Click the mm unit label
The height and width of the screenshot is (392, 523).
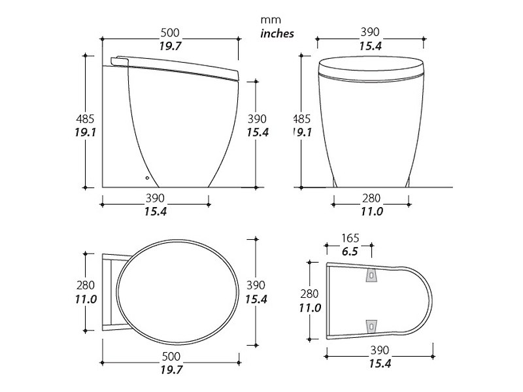(x=271, y=20)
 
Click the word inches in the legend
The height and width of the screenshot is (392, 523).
(x=277, y=34)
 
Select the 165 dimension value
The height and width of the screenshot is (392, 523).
(x=350, y=238)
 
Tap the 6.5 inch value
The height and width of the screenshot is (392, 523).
(x=350, y=252)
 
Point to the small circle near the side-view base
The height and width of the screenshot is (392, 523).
(x=147, y=178)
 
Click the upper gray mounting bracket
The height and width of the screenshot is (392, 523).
(x=372, y=275)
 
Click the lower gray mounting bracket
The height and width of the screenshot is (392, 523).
(x=371, y=326)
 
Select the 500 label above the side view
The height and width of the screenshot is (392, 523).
(x=170, y=33)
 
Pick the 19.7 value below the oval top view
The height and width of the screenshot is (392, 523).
(x=171, y=370)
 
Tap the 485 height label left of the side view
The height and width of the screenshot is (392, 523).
(x=86, y=119)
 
